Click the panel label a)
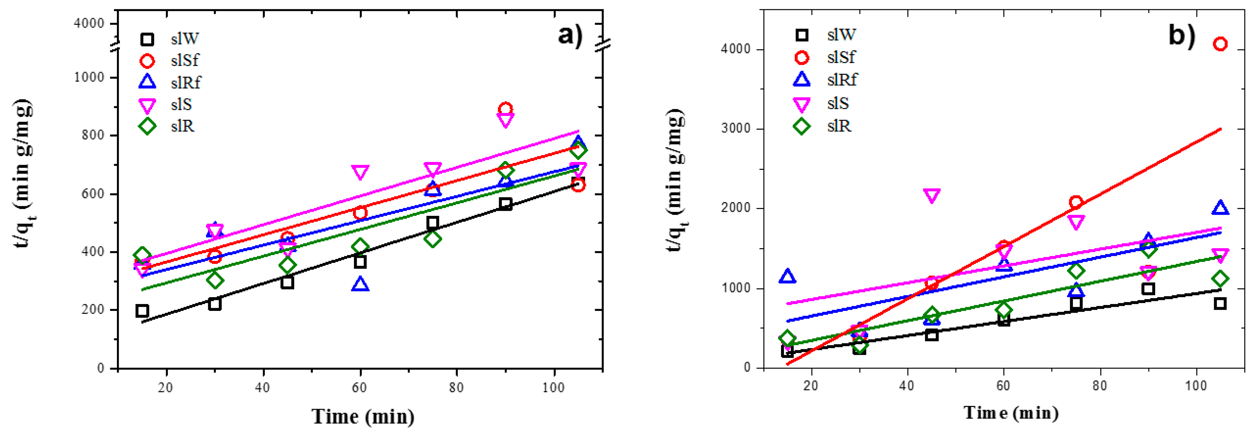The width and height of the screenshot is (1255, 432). coord(570,35)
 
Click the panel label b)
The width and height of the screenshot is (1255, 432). coord(1182,35)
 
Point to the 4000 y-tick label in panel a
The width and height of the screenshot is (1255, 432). coord(89,23)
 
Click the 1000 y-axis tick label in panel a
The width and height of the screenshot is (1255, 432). coord(89,77)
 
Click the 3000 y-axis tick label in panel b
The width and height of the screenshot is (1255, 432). coord(736,129)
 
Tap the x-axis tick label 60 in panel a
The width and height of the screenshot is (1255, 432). coord(359,388)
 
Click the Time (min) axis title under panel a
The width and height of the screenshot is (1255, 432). coord(363,417)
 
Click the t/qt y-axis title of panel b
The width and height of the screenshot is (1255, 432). coord(676,180)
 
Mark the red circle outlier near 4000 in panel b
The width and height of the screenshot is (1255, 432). coord(1220,44)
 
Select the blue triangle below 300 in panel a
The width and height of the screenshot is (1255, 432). coord(360,284)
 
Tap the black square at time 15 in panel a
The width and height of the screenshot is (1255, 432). coord(142,311)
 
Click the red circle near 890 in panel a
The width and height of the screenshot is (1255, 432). coord(505,109)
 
